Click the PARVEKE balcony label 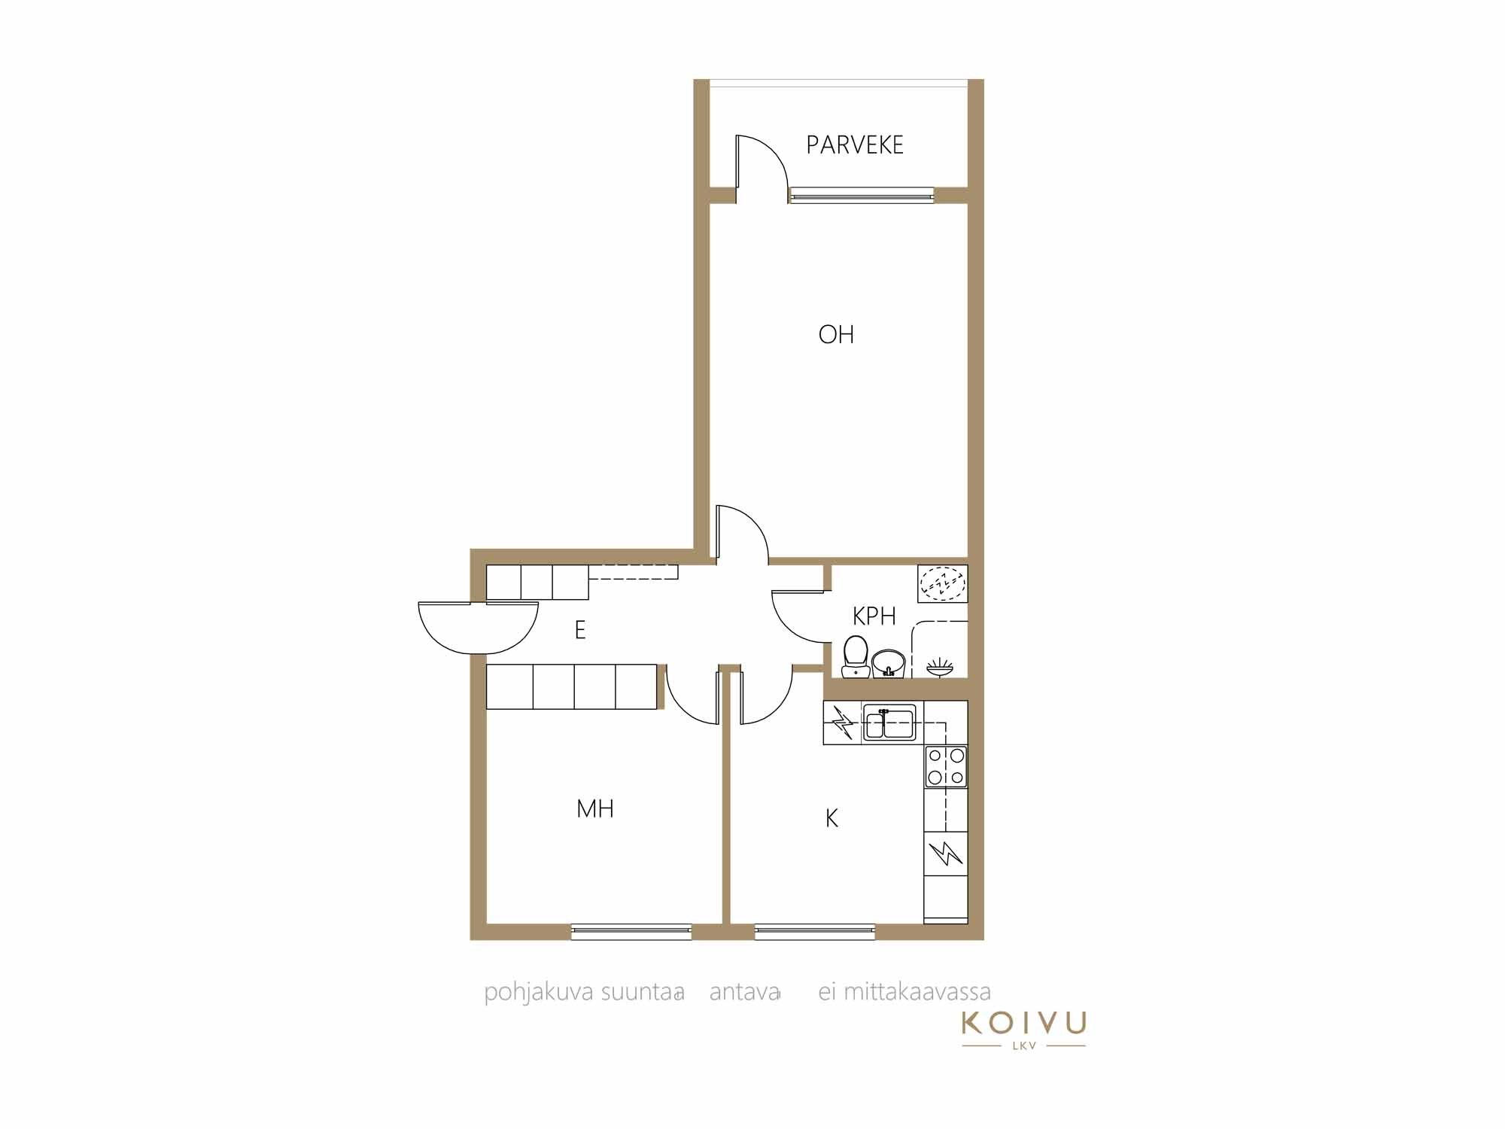coord(855,145)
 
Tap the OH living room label coord(836,334)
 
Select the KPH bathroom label coord(874,616)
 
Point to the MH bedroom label coord(595,809)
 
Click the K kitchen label coord(832,818)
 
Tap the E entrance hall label coord(580,630)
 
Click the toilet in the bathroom coord(856,657)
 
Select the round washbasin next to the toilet coord(889,663)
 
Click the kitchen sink coord(889,723)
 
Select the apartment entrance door coord(479,628)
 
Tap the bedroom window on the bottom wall coord(631,932)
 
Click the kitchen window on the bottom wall coord(815,932)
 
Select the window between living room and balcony coord(862,196)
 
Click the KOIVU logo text coord(1024,1023)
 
